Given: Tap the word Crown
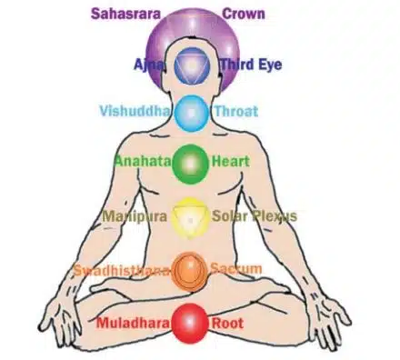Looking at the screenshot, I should (244, 14).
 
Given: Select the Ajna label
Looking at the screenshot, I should (148, 65).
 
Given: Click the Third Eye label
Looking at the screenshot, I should (251, 65).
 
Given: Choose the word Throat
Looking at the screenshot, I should (235, 112).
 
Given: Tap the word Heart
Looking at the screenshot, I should (230, 162).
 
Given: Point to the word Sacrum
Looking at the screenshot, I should (235, 268).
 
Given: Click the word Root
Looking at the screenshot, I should (228, 322).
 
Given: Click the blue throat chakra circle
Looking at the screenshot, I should (192, 114).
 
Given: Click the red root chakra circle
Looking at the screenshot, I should (192, 321).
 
